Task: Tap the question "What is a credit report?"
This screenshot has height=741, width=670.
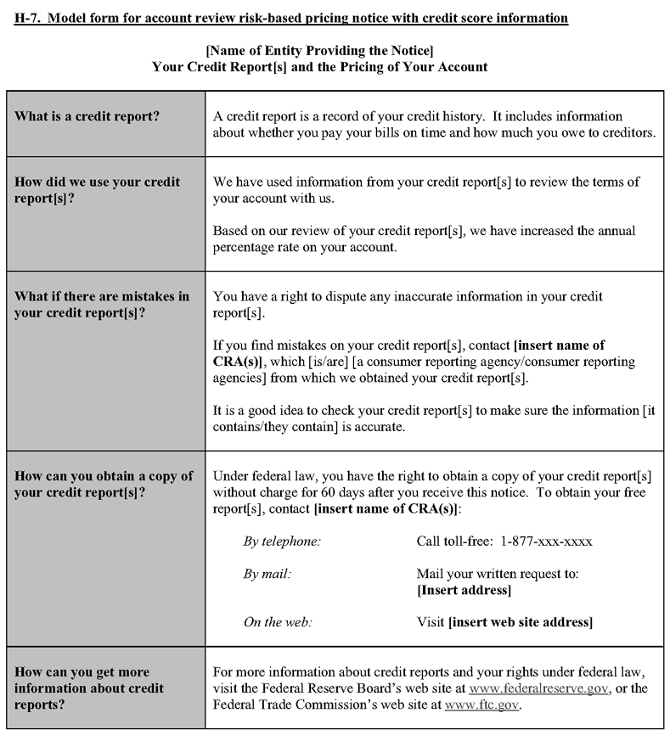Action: pyautogui.click(x=86, y=116)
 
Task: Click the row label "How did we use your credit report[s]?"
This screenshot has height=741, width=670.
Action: pyautogui.click(x=97, y=190)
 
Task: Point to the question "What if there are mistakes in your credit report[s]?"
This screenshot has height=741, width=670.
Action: pyautogui.click(x=101, y=304)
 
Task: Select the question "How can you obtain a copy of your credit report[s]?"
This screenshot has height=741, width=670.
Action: pyautogui.click(x=103, y=484)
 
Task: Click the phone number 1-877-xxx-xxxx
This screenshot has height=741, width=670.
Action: pyautogui.click(x=546, y=542)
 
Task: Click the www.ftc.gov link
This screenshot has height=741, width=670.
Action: pyautogui.click(x=481, y=705)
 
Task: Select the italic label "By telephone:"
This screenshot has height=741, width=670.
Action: pyautogui.click(x=282, y=542)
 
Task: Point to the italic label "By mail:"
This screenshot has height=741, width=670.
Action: pyautogui.click(x=267, y=574)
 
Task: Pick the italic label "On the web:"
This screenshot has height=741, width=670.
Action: pyautogui.click(x=277, y=622)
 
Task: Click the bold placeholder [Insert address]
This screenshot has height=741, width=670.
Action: pyautogui.click(x=464, y=590)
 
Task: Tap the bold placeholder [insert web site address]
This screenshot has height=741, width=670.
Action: pyautogui.click(x=520, y=622)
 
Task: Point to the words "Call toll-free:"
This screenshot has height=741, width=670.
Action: pyautogui.click(x=453, y=542)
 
